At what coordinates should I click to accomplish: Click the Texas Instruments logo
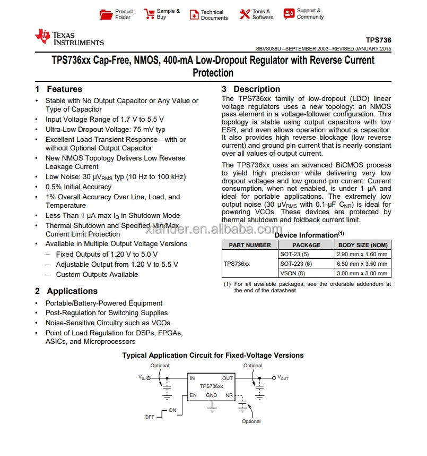tap(69, 38)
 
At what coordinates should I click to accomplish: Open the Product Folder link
tap(124, 14)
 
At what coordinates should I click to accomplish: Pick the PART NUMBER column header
tap(250, 245)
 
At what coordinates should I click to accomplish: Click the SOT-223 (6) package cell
tap(296, 264)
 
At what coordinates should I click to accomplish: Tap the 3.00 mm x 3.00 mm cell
tap(363, 273)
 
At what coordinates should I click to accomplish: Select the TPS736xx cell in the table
tap(237, 264)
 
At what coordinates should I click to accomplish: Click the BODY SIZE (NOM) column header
tap(363, 245)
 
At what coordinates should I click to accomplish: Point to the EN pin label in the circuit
tap(193, 395)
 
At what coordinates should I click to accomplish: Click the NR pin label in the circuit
tap(229, 395)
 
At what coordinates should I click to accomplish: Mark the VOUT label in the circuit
tap(283, 378)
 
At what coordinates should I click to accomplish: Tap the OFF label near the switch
tap(150, 417)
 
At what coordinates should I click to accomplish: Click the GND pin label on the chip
tap(212, 395)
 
